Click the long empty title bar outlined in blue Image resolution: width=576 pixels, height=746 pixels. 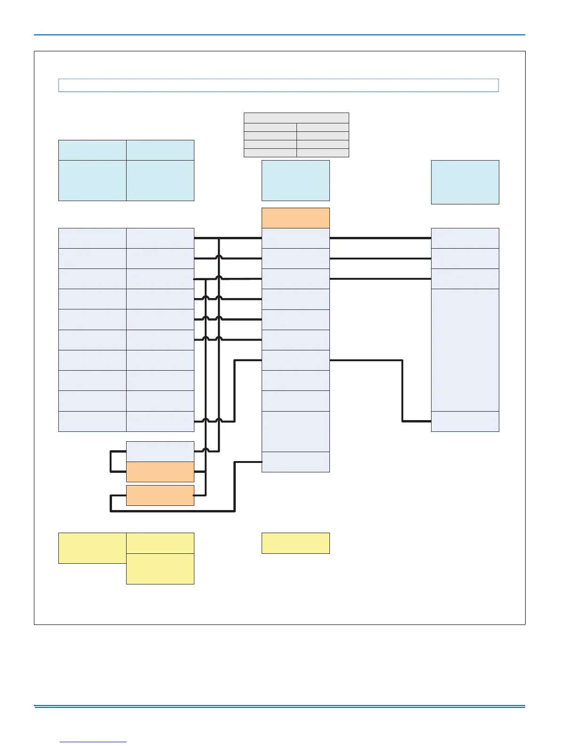(278, 85)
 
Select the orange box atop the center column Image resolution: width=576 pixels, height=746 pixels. (296, 218)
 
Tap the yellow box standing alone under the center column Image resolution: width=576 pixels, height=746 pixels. (296, 543)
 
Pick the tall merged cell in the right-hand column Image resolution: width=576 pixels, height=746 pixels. (465, 350)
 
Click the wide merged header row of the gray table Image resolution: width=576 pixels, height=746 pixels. (296, 118)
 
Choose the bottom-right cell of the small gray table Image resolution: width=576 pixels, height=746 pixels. (323, 153)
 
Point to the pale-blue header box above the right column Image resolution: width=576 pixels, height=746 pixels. (465, 182)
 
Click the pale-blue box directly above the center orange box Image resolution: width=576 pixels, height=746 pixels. (296, 180)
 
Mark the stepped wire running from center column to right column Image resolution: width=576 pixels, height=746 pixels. (402, 391)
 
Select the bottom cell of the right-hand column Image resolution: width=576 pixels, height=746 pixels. (465, 422)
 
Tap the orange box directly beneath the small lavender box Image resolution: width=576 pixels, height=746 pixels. (160, 472)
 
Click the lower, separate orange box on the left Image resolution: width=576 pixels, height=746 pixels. (160, 495)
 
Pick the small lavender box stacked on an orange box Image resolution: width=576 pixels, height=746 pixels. (160, 452)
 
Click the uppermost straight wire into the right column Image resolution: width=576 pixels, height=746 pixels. (380, 238)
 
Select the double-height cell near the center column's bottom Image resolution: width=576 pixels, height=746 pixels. (296, 431)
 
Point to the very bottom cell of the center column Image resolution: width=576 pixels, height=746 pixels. (296, 462)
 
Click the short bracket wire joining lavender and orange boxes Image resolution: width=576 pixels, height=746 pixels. (111, 462)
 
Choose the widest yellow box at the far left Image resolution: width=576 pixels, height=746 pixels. (92, 548)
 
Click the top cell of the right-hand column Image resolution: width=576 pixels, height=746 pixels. (465, 238)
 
